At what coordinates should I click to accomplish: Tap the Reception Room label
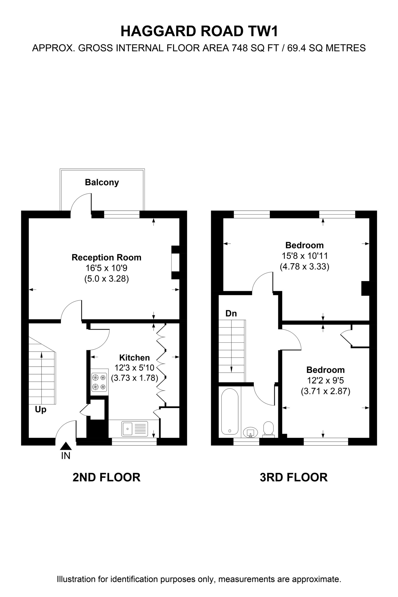[x=106, y=257]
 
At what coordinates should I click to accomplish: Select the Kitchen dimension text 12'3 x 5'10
[x=135, y=367]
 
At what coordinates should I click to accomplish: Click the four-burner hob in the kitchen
[x=99, y=382]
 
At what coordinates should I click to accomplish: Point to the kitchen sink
[x=135, y=429]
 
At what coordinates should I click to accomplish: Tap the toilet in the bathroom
[x=268, y=430]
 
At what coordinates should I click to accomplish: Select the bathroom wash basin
[x=250, y=432]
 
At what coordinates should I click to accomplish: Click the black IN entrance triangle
[x=66, y=446]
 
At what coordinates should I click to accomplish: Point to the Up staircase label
[x=41, y=410]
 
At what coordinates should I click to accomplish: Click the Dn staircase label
[x=231, y=314]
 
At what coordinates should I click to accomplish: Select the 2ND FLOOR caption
[x=106, y=477]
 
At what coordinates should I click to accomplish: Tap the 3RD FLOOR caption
[x=294, y=477]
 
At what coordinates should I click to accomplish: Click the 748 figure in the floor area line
[x=239, y=48]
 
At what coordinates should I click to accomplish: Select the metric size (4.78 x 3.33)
[x=304, y=267]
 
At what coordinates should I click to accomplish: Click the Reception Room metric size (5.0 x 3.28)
[x=106, y=279]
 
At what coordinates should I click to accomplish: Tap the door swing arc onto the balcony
[x=79, y=200]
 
